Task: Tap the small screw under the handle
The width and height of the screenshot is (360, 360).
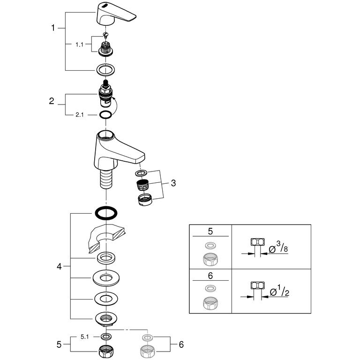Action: click(x=105, y=35)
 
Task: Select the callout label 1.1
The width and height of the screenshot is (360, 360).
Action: click(x=79, y=45)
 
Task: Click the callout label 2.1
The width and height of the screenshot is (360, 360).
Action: click(x=80, y=114)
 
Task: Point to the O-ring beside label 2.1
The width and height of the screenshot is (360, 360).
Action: click(x=105, y=114)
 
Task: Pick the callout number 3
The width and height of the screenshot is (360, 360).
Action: click(x=173, y=183)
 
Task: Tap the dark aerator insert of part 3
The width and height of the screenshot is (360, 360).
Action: click(x=142, y=185)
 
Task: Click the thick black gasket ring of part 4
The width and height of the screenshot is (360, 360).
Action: click(x=106, y=213)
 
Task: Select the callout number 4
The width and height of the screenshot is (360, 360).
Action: click(x=59, y=267)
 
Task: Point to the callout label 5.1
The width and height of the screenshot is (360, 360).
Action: click(x=84, y=337)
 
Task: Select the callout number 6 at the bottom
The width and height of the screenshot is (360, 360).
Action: click(x=181, y=345)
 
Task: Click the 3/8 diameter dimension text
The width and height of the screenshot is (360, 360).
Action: click(x=278, y=247)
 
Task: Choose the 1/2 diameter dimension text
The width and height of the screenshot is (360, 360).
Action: click(x=279, y=291)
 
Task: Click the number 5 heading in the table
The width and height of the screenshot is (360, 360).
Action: click(x=210, y=232)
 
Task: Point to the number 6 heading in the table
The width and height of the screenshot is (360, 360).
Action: click(x=210, y=276)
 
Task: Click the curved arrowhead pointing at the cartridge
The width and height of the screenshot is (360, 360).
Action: click(x=113, y=99)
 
